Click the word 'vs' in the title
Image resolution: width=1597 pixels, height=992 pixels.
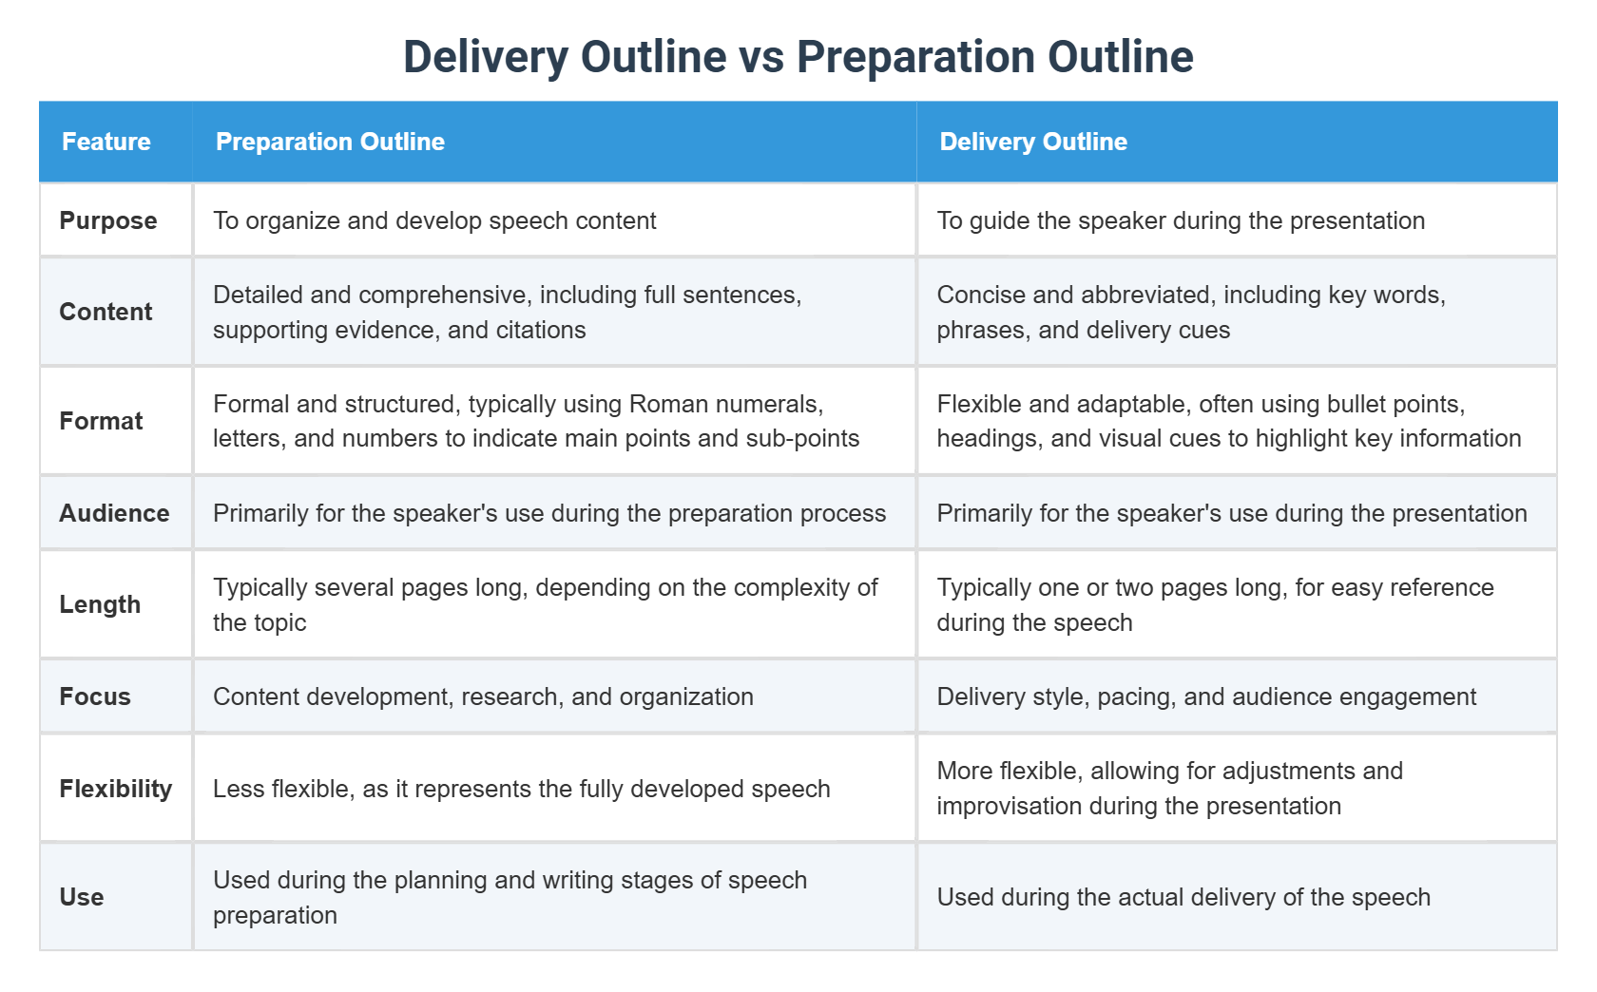(760, 57)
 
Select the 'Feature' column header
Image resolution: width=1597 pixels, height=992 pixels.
(106, 142)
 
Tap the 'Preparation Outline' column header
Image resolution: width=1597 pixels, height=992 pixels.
(330, 142)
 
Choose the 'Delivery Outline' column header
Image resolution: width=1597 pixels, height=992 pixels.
(1033, 142)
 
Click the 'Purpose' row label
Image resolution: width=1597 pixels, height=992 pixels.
(108, 220)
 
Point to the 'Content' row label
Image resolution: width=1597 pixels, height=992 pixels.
(106, 312)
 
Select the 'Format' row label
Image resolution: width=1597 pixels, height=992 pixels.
(101, 421)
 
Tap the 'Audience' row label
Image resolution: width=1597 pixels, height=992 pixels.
(114, 513)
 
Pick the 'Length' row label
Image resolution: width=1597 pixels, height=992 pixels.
(100, 604)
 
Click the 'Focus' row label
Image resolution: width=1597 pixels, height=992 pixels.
(95, 696)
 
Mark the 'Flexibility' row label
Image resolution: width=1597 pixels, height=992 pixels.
(116, 789)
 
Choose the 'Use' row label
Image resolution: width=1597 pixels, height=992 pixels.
(82, 897)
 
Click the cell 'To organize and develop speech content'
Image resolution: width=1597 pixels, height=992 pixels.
(434, 220)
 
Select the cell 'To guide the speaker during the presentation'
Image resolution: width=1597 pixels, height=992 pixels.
(1181, 220)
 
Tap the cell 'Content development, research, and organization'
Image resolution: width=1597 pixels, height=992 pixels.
(483, 696)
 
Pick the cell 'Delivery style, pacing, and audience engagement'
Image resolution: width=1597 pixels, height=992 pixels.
(1206, 696)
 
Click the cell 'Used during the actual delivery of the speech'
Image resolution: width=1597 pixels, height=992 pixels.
(1183, 897)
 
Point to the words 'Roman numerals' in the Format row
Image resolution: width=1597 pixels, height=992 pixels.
(726, 404)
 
